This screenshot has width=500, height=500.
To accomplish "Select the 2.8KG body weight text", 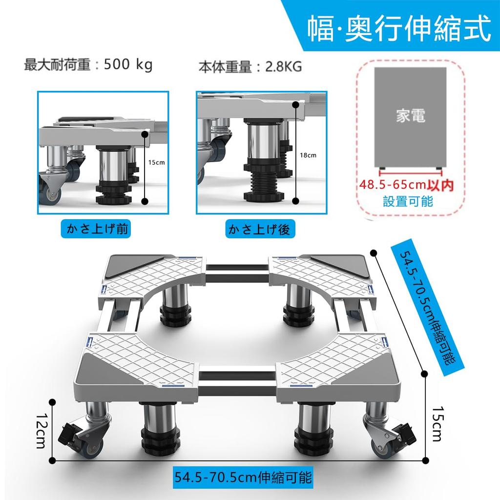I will coord(283,67).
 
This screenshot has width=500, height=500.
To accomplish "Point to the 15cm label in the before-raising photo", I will coord(156,162).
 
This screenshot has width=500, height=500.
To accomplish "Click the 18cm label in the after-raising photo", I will coord(308,155).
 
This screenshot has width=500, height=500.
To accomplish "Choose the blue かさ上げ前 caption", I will coord(96,229).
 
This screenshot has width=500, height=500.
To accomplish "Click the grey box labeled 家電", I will coord(410,117).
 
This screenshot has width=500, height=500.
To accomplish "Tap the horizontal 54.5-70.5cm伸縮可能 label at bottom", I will coord(243,477).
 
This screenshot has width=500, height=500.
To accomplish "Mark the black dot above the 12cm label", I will coord(52,401).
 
